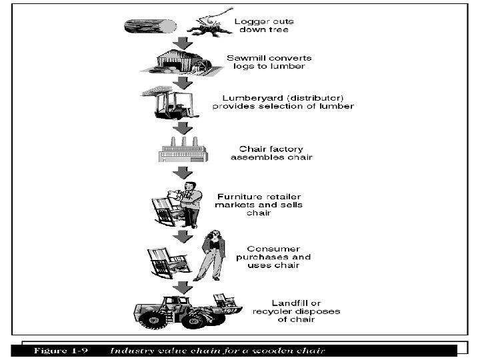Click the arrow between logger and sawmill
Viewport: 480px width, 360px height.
coord(180,43)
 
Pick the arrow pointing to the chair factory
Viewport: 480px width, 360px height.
coord(181,127)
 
